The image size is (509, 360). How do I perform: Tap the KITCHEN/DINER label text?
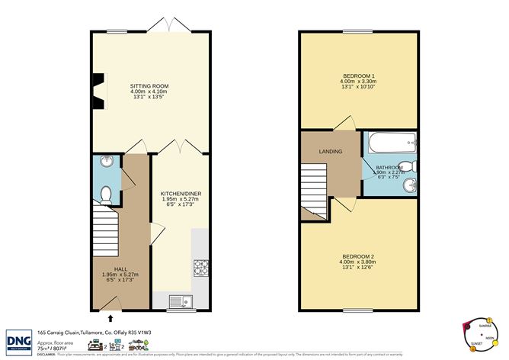pyautogui.click(x=180, y=194)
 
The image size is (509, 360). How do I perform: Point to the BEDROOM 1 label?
pyautogui.click(x=357, y=77)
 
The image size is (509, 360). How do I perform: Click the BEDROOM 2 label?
pyautogui.click(x=357, y=256)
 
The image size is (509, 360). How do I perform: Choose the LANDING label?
pyautogui.click(x=331, y=152)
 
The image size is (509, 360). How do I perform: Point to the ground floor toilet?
pyautogui.click(x=107, y=194)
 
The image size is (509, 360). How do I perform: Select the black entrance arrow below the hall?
pyautogui.click(x=112, y=319)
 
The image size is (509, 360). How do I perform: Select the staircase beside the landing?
pyautogui.click(x=314, y=191)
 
